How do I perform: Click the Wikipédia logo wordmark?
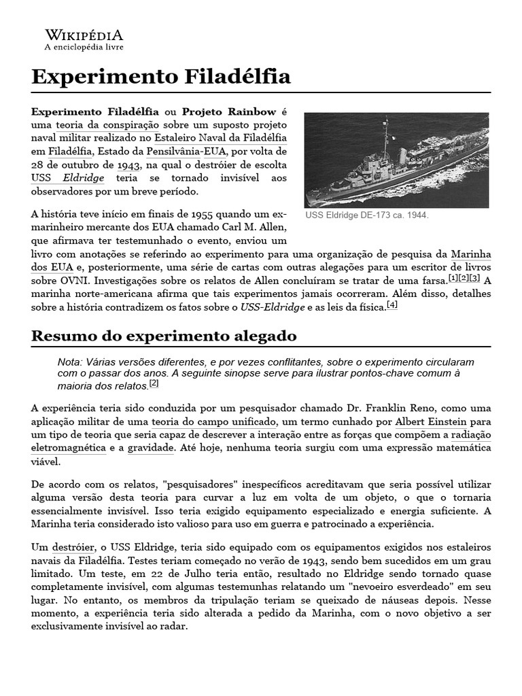[84, 35]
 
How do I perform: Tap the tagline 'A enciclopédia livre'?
[84, 48]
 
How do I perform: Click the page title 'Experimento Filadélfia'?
[161, 76]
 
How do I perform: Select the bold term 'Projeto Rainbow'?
[229, 111]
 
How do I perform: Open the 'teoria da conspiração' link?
[107, 125]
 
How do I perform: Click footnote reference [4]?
[391, 305]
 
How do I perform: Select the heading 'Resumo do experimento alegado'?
[164, 336]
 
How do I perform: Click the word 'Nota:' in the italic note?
[71, 362]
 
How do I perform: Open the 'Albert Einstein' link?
[427, 421]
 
